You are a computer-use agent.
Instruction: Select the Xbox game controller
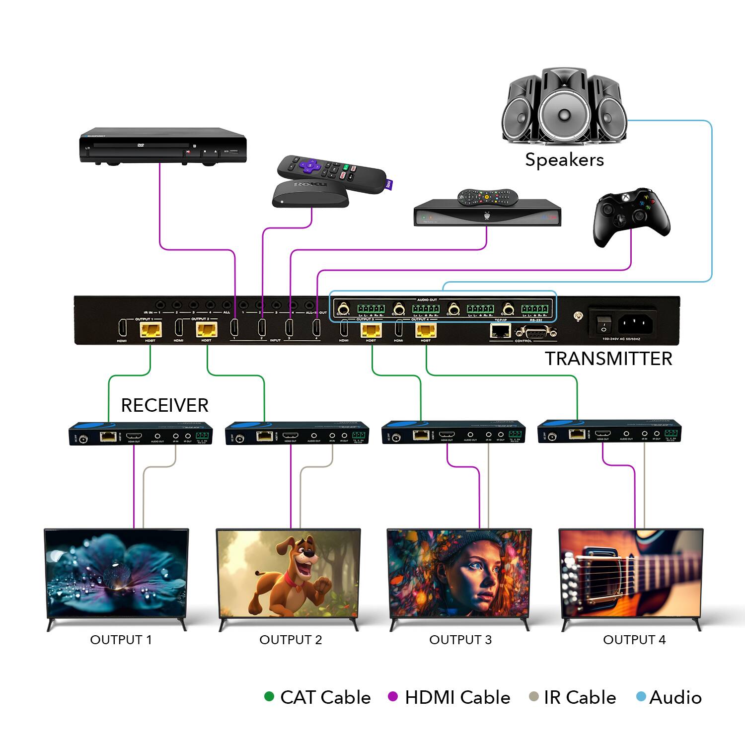tap(631, 217)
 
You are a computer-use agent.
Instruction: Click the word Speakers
tap(564, 160)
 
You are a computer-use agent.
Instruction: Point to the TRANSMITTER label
tap(608, 359)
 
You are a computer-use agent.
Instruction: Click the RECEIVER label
tap(164, 405)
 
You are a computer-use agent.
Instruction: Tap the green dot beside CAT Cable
tap(269, 697)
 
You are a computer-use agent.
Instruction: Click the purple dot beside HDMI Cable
tap(393, 697)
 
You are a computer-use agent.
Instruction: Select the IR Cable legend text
tap(580, 697)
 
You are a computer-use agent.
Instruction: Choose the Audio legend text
tap(675, 697)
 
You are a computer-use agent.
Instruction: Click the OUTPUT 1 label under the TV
tap(121, 640)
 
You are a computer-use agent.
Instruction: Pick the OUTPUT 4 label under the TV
tap(634, 640)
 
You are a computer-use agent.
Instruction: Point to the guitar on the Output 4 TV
tap(631, 571)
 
